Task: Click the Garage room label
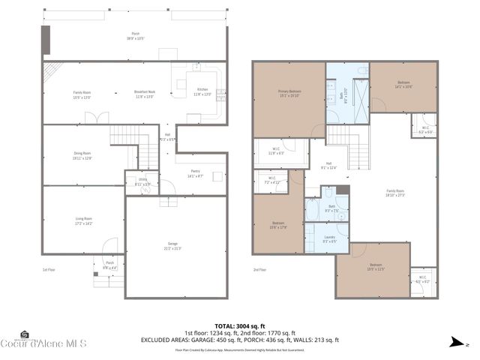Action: [x=172, y=247]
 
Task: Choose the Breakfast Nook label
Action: [x=144, y=93]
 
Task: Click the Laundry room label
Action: [x=330, y=240]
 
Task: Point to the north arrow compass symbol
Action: [x=454, y=343]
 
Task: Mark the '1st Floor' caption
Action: [x=49, y=269]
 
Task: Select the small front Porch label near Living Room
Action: [x=109, y=263]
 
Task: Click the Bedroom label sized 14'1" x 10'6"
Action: [x=403, y=85]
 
